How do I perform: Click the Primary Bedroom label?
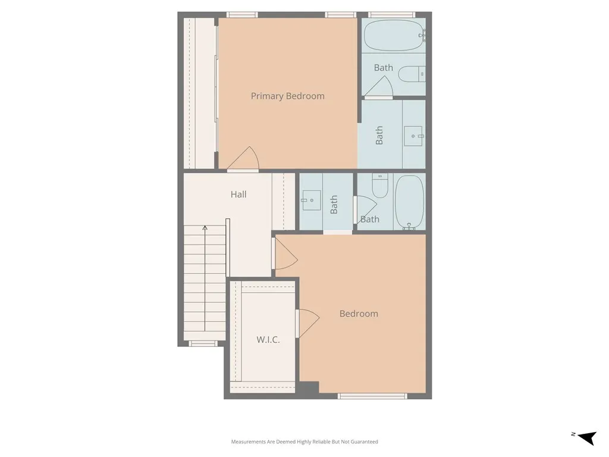pos(287,96)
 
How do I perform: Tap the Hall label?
pos(238,194)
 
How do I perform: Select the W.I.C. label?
pos(268,340)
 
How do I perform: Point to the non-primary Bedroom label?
pos(359,314)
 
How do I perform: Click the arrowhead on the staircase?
pos(205,227)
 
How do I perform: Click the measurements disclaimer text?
pos(304,442)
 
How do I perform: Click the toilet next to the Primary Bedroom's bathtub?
pos(412,74)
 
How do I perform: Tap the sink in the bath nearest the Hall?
pos(310,201)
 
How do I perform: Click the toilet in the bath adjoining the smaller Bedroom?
pos(379,186)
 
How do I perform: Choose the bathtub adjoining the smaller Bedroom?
pos(409,202)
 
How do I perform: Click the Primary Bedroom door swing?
pos(244,159)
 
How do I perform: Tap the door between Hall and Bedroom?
pos(284,255)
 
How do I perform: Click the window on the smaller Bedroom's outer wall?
pos(372,396)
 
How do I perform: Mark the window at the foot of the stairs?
pos(201,343)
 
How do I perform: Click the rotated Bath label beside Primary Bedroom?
pos(379,135)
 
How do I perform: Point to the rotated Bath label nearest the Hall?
pos(334,204)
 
